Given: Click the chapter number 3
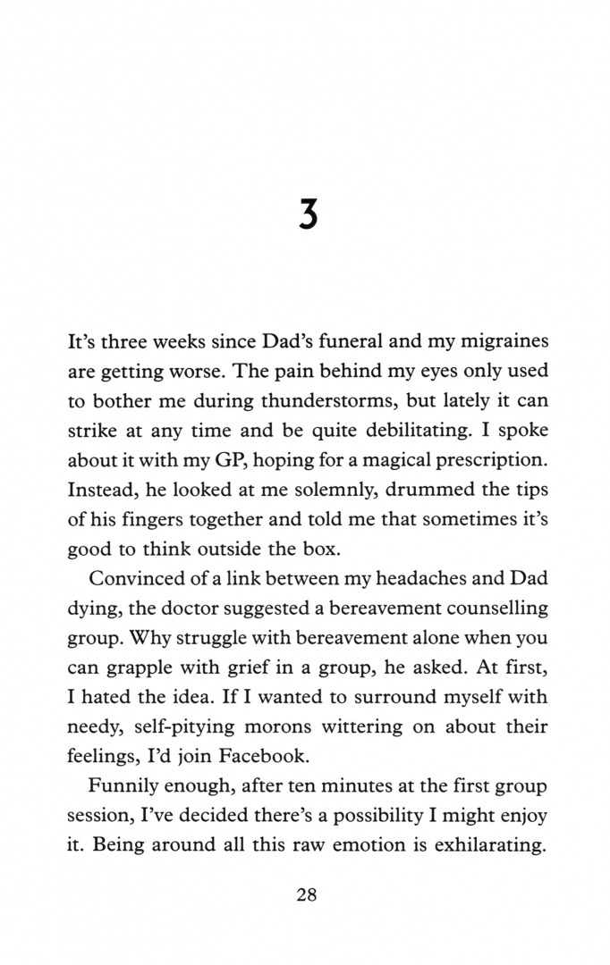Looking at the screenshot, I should point(308,217).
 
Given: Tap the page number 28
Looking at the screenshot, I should point(306,896).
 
